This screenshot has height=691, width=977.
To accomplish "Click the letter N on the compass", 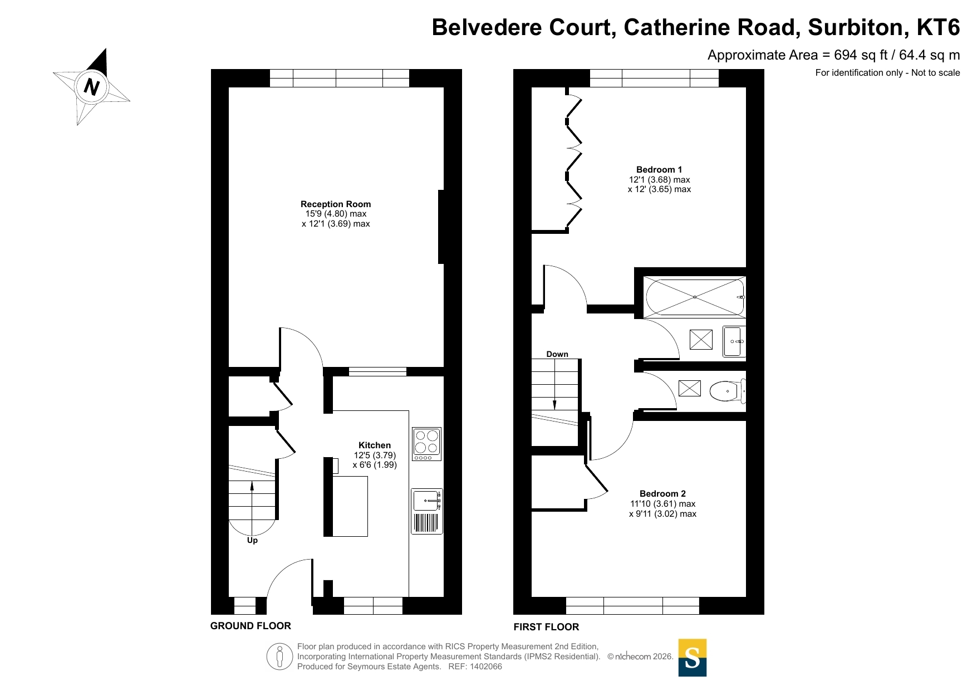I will [91, 87].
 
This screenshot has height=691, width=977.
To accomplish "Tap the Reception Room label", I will [335, 204].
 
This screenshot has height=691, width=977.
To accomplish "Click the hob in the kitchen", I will [426, 444].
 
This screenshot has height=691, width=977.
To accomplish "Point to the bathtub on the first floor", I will [694, 297].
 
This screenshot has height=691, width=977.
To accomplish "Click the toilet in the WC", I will [726, 391].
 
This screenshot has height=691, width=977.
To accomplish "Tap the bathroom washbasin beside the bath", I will [733, 341].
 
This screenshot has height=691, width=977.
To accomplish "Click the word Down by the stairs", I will [557, 354].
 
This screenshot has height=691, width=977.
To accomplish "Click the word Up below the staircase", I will [252, 540].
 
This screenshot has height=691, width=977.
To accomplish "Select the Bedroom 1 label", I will [659, 170].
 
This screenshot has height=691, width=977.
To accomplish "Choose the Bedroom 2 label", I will [662, 494].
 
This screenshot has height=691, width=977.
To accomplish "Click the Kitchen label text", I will [374, 445].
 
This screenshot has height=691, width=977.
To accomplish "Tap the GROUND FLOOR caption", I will [251, 626].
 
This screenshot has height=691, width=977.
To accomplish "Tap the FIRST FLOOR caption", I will [546, 627].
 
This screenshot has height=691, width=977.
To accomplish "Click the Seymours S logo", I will [692, 658].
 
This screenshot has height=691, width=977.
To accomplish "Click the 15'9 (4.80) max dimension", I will [336, 214].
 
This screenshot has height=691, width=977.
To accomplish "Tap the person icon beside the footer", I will [279, 656].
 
